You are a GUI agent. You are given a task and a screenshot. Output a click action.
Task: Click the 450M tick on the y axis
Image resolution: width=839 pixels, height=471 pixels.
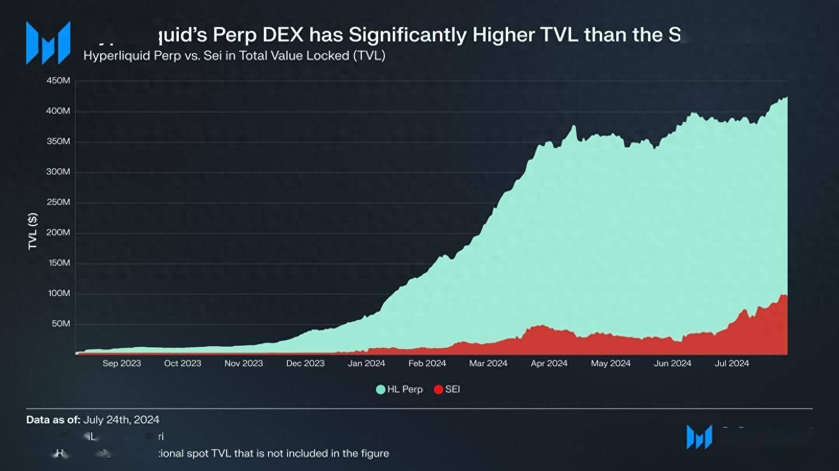point(58,81)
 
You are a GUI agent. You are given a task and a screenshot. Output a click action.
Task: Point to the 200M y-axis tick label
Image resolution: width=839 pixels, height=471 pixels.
point(58,233)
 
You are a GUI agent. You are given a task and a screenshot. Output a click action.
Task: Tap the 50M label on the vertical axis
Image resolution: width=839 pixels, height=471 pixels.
point(61,324)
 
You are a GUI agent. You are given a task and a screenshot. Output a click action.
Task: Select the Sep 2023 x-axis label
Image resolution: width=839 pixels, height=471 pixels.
point(122,364)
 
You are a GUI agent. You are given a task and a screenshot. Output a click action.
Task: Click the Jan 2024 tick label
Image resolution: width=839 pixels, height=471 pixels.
point(366,364)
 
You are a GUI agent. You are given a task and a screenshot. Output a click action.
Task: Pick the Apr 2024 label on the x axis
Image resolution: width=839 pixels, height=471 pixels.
point(549,364)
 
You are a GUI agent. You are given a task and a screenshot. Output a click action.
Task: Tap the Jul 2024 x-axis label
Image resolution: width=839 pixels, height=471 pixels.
point(732,364)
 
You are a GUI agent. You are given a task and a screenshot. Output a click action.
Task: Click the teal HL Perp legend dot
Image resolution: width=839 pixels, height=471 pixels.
point(381,389)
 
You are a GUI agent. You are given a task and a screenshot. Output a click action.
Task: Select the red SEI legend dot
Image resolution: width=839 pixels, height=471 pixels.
point(438,389)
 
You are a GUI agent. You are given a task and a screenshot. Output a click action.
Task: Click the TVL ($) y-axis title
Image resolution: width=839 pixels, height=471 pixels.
point(33,231)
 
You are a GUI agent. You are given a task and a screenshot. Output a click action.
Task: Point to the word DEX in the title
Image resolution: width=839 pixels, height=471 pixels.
point(283,35)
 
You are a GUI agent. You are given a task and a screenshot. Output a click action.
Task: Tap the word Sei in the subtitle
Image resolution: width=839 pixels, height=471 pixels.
point(212,56)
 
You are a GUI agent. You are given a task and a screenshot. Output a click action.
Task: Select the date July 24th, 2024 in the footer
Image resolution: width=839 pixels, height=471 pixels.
point(121,420)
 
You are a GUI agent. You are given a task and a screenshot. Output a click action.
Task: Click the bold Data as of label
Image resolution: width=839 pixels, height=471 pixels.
point(53,420)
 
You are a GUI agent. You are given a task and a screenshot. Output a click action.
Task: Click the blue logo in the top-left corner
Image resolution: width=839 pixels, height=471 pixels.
point(48,43)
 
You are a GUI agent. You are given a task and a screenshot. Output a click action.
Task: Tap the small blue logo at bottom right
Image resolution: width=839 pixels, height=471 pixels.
point(700,437)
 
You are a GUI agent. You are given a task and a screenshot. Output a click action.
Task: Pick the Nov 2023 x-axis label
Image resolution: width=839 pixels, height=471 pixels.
point(243,364)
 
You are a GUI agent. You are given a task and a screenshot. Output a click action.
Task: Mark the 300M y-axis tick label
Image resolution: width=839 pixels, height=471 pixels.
point(58,172)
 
